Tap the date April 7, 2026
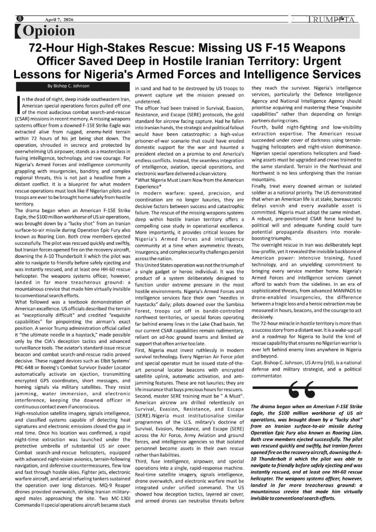click(59, 20)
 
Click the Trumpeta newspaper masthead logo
click(331, 20)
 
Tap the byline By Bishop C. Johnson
click(69, 86)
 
